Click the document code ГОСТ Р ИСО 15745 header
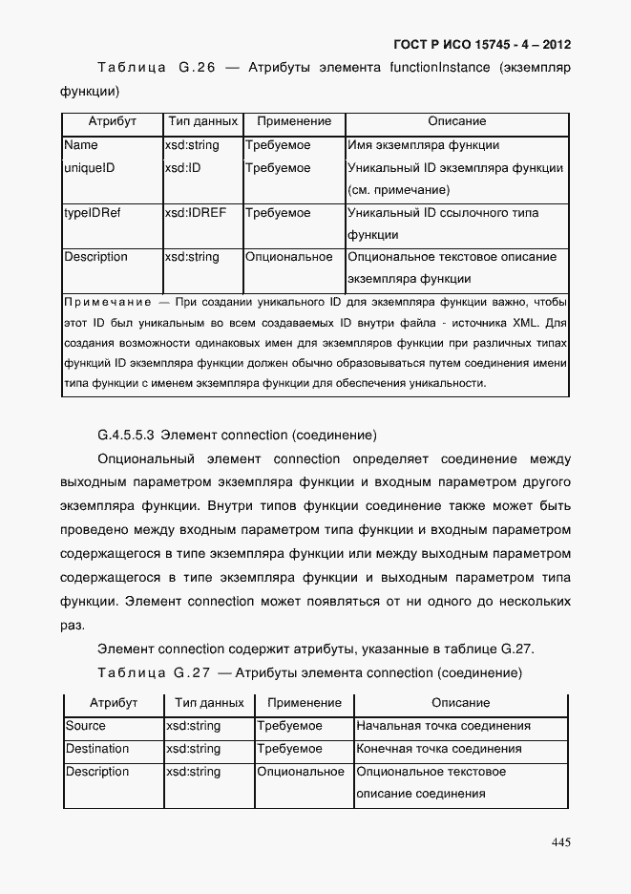[x=481, y=44]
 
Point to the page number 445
[x=560, y=841]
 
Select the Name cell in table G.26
[x=81, y=145]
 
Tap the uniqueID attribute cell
[x=90, y=168]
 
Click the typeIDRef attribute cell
[x=93, y=212]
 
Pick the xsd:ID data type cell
[x=182, y=168]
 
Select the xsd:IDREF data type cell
[x=195, y=212]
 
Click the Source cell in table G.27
[x=86, y=726]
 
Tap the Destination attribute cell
[x=97, y=749]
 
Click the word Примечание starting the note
[x=103, y=303]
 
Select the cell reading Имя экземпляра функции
[x=424, y=145]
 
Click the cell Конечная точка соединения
[x=439, y=749]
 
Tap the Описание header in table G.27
[x=461, y=703]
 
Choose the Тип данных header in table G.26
[x=202, y=121]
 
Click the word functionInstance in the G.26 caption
[x=440, y=68]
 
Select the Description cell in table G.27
[x=97, y=772]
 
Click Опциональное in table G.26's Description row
[x=289, y=257]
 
